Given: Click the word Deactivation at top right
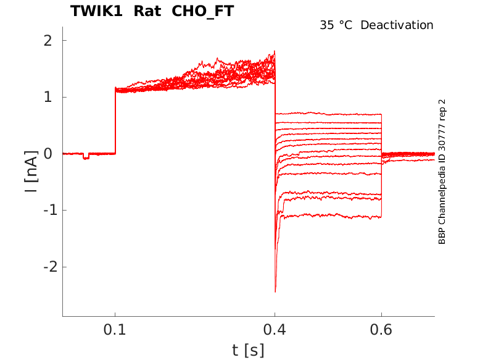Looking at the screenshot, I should pyautogui.click(x=397, y=25).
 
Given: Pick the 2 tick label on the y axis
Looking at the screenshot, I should pyautogui.click(x=47, y=41).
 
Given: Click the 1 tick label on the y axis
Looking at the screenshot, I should pyautogui.click(x=47, y=98).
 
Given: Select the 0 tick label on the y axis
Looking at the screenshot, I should pyautogui.click(x=47, y=154).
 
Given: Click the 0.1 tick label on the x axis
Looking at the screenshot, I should pyautogui.click(x=115, y=330).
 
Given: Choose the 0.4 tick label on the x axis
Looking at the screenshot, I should pyautogui.click(x=275, y=330).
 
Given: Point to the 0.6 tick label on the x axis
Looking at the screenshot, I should pyautogui.click(x=381, y=330).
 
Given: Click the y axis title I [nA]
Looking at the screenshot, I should pyautogui.click(x=31, y=170).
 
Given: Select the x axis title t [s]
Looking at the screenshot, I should pyautogui.click(x=248, y=350).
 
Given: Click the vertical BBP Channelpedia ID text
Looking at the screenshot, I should pyautogui.click(x=442, y=172).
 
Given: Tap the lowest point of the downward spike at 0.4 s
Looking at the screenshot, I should pyautogui.click(x=275, y=291).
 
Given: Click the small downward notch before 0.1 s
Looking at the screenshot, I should pyautogui.click(x=86, y=157).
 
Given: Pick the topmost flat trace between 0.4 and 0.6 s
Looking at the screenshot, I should pyautogui.click(x=327, y=114).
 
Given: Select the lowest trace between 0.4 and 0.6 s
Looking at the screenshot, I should pyautogui.click(x=327, y=216).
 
